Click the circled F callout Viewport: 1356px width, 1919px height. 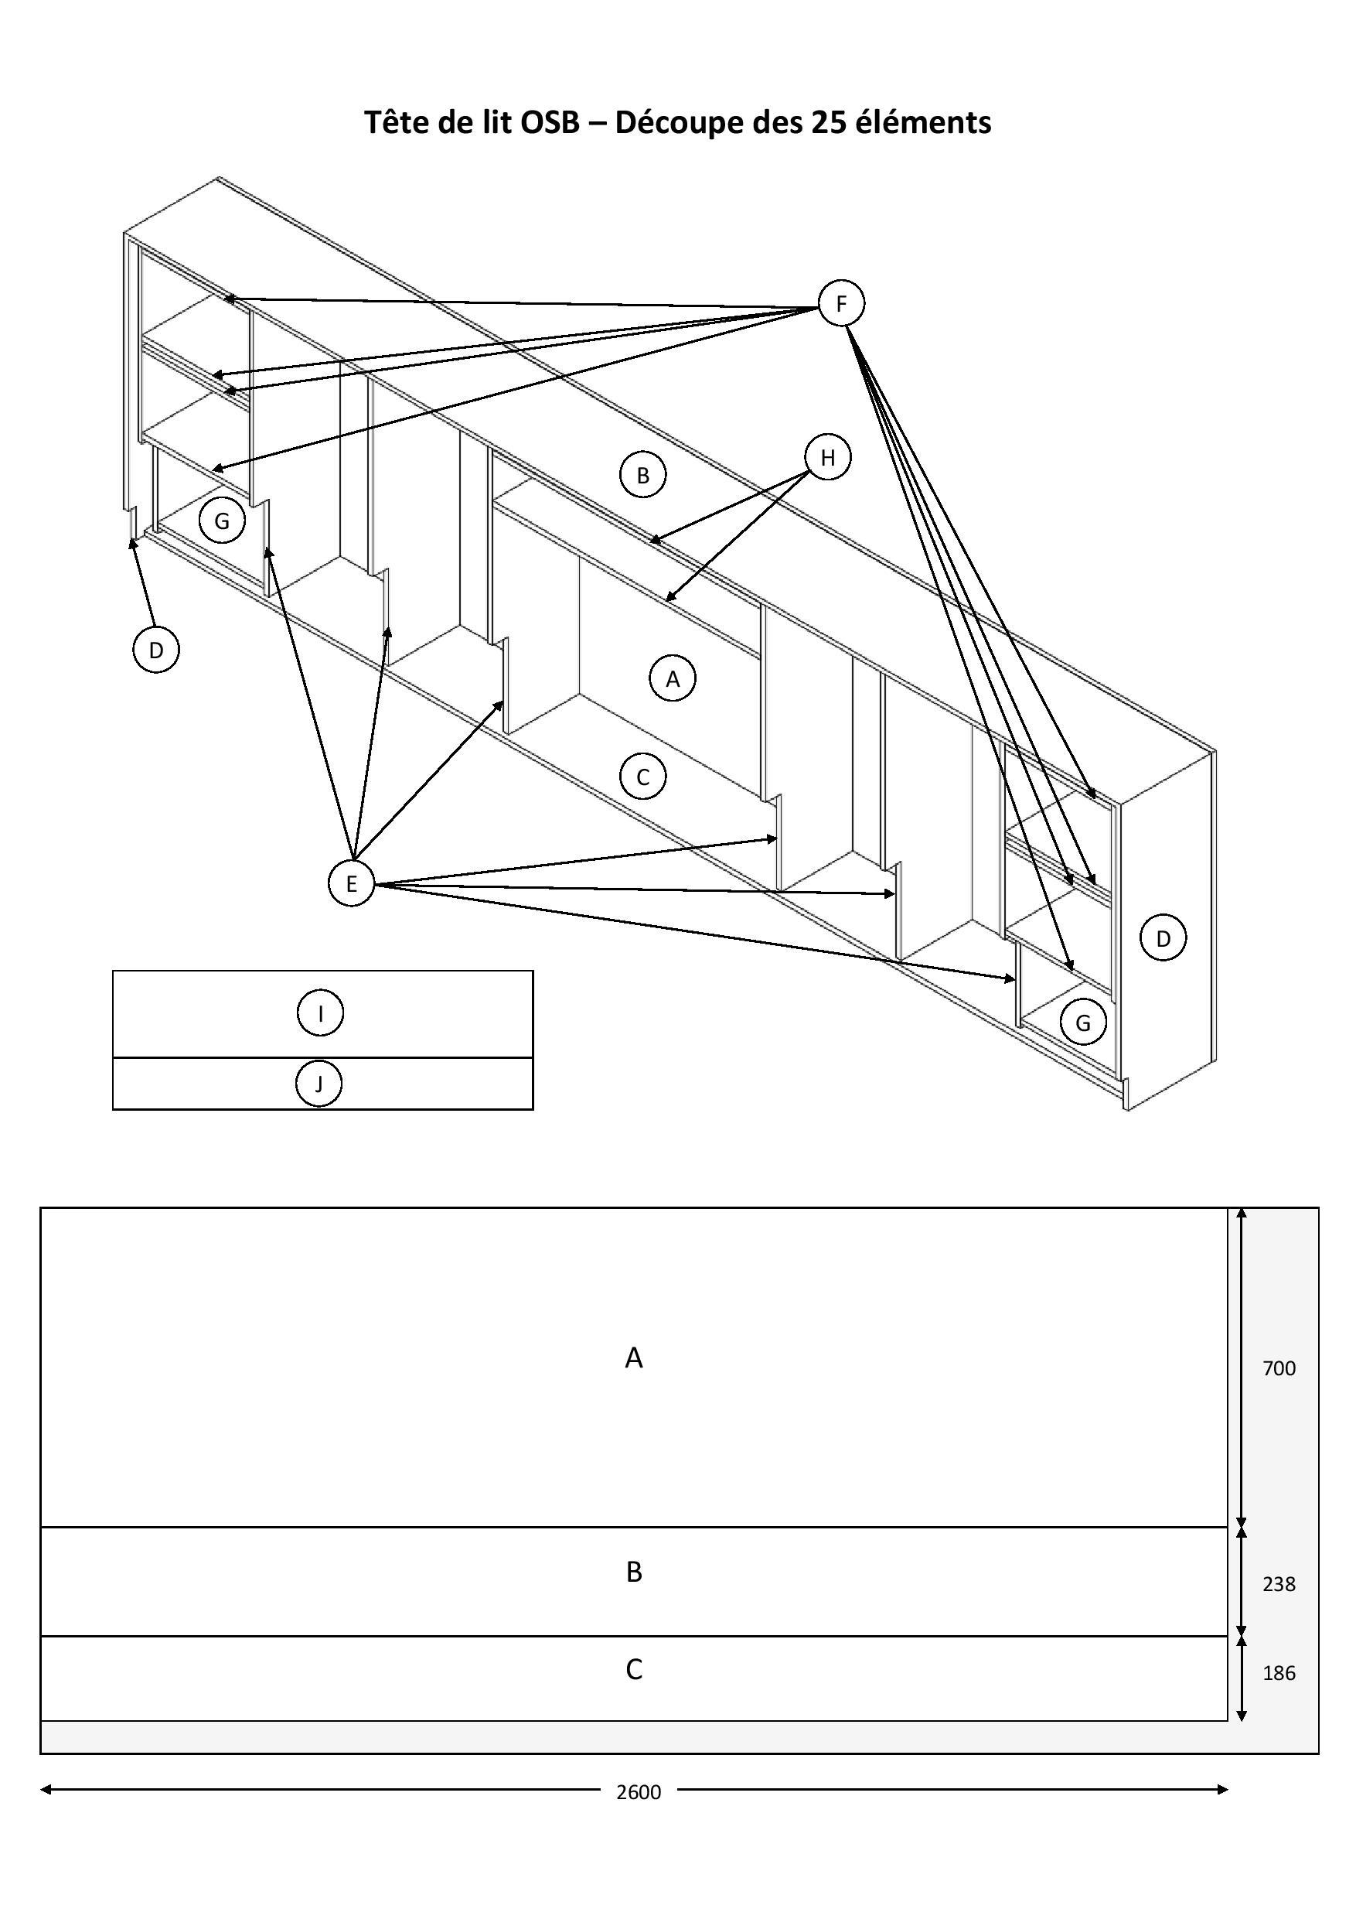click(840, 303)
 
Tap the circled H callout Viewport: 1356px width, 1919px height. click(827, 457)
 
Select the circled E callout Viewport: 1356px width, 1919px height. click(351, 883)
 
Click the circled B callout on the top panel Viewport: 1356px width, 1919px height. click(642, 475)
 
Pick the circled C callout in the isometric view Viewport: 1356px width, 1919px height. click(642, 777)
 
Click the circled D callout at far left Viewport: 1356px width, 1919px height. click(156, 650)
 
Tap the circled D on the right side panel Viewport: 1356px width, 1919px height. click(1163, 938)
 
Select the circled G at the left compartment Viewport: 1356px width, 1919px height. click(221, 521)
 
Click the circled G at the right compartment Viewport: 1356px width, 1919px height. click(1083, 1023)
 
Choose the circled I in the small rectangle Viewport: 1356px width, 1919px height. click(320, 1014)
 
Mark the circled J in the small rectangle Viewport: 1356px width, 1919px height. click(319, 1084)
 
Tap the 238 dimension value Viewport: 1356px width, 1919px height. click(1278, 1584)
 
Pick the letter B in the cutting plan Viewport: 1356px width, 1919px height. click(634, 1572)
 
